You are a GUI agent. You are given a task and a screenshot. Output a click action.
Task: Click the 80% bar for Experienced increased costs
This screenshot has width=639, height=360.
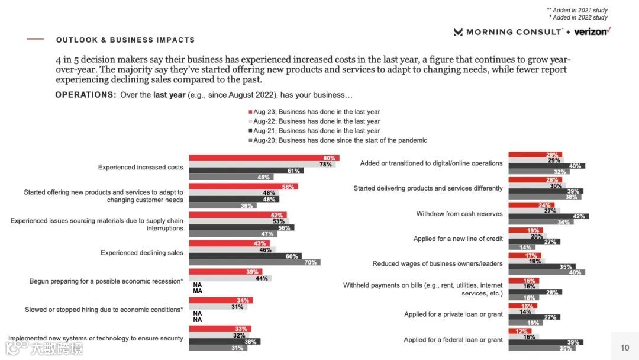coord(263,158)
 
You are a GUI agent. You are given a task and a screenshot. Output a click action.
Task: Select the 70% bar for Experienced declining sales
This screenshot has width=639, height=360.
coord(254,262)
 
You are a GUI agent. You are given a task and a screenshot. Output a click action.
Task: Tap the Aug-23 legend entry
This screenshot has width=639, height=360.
coord(314,112)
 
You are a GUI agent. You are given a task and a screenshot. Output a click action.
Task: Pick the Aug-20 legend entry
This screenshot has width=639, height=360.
coord(337,140)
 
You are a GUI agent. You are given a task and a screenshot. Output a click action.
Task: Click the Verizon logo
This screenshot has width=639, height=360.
coord(592,31)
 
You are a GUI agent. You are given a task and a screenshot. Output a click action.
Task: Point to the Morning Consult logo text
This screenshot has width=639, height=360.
coord(513,32)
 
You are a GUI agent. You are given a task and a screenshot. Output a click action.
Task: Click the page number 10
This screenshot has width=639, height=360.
coord(625,348)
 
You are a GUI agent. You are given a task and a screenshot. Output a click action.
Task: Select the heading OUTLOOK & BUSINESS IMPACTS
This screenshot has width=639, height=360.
coord(125,40)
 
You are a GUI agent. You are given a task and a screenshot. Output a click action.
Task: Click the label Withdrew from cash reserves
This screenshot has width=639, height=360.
coord(459,214)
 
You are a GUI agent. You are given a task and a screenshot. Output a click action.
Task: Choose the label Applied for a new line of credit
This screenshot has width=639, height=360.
coord(458,239)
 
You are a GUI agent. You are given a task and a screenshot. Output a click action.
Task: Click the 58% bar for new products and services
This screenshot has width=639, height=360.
coord(243,187)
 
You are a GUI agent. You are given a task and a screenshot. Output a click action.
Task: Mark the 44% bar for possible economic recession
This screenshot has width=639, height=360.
coord(230,278)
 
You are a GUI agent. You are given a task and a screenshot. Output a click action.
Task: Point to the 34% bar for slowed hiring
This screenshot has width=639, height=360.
coord(221,300)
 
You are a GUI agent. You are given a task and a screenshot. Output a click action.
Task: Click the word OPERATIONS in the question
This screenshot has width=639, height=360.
coord(85,95)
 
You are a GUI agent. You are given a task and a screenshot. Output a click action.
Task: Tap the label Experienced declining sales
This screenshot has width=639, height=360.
coord(142,253)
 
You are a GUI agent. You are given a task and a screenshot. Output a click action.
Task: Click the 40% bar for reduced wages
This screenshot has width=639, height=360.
coord(546,272)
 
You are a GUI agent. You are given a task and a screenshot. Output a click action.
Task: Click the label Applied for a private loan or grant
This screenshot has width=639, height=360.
coord(453,314)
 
